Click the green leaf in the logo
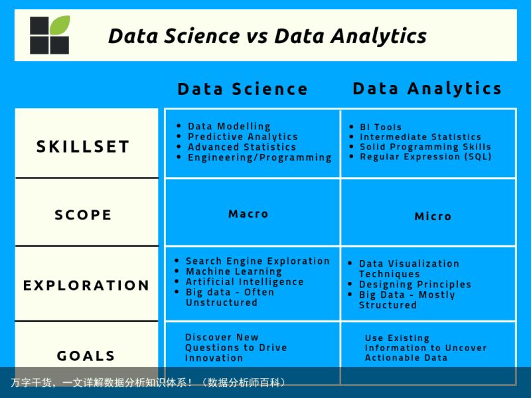[60, 25]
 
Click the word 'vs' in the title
[257, 36]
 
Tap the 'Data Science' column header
[242, 89]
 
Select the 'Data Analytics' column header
[427, 89]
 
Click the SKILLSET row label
[83, 147]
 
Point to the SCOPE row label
[83, 215]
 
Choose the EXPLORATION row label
[86, 285]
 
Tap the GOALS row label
[86, 356]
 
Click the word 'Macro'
[248, 214]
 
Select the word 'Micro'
[433, 216]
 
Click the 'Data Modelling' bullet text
[229, 126]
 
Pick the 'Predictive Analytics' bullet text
[243, 137]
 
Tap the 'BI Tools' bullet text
[380, 127]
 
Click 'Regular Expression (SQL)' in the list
[425, 157]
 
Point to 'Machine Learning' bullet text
[234, 271]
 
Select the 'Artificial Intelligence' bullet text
[244, 282]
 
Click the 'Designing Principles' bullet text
[416, 285]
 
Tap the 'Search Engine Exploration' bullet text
[258, 261]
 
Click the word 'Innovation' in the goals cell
[214, 358]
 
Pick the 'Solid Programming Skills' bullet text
[425, 147]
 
